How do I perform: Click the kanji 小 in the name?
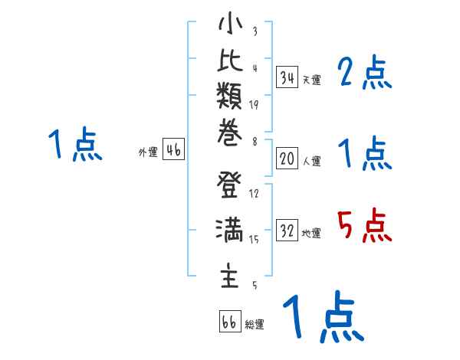tap(229, 25)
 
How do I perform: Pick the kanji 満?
tap(229, 230)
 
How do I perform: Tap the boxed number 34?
tap(287, 77)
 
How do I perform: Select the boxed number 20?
tap(287, 159)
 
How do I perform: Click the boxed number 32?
tap(287, 231)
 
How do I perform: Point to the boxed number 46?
tap(173, 150)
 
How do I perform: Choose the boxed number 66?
tap(228, 322)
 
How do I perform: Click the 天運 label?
tap(312, 80)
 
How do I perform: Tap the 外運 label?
tap(148, 152)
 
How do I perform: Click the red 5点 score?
tap(365, 227)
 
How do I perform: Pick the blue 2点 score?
tap(365, 74)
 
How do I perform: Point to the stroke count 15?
tap(254, 240)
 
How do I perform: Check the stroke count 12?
tap(254, 194)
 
